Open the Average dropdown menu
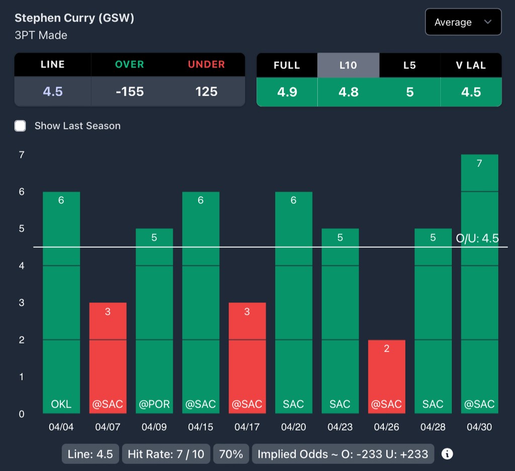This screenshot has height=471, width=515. click(463, 22)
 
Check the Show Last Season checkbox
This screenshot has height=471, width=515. click(20, 126)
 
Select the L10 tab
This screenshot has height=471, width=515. click(348, 65)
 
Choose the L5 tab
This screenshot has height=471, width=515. click(409, 65)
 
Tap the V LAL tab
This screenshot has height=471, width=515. click(471, 65)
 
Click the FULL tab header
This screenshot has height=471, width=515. click(287, 65)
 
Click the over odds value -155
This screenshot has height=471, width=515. click(130, 91)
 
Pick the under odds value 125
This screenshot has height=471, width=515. click(206, 91)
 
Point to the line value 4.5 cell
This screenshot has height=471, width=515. click(53, 91)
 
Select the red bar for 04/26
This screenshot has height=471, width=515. click(386, 376)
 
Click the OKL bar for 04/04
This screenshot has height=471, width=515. click(61, 302)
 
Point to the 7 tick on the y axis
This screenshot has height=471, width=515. click(22, 155)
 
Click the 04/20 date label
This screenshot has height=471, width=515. click(293, 427)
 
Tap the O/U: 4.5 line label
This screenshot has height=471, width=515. click(477, 238)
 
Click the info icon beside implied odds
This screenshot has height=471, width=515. click(447, 454)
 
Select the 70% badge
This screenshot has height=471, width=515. click(231, 454)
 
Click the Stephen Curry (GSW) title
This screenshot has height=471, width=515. click(74, 19)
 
